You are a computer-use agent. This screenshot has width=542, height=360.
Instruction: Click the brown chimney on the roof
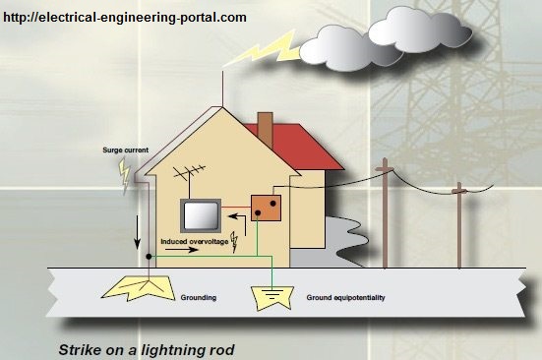click(x=264, y=128)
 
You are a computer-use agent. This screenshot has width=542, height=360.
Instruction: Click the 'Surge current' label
click(x=125, y=150)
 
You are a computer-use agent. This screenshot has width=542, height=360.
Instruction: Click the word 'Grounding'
click(x=200, y=296)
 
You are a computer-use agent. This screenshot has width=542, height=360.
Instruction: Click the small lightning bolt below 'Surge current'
click(x=124, y=174)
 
